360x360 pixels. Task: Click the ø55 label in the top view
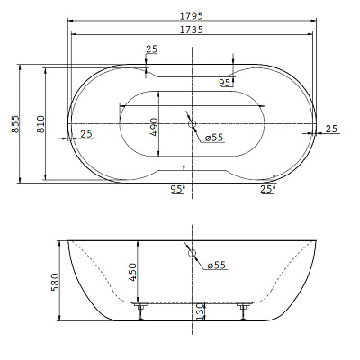pyautogui.click(x=214, y=137)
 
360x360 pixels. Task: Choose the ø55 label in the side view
pyautogui.click(x=216, y=265)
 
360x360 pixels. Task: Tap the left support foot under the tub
pyautogui.click(x=140, y=310)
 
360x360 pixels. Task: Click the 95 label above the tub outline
pyautogui.click(x=224, y=83)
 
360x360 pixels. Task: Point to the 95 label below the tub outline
pyautogui.click(x=176, y=189)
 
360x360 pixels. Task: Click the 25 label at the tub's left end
pyautogui.click(x=86, y=134)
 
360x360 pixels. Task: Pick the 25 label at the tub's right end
pyautogui.click(x=330, y=129)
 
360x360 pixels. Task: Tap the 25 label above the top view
pyautogui.click(x=150, y=49)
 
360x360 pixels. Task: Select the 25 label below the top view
pyautogui.click(x=266, y=189)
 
